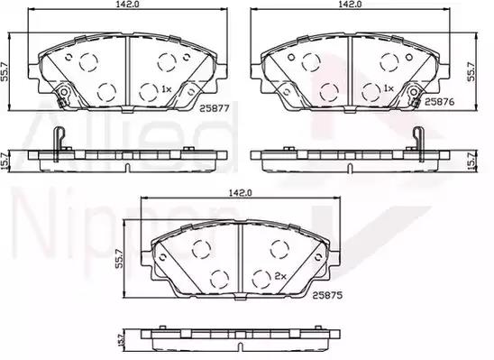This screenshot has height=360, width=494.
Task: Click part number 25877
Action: [x=215, y=108]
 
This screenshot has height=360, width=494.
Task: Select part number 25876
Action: [x=440, y=102]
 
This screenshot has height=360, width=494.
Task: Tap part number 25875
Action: [x=327, y=295]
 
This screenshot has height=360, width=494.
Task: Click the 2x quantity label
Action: [x=280, y=276]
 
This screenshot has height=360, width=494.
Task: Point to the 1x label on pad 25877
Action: [x=166, y=89]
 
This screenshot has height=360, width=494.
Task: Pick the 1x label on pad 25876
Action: [x=389, y=88]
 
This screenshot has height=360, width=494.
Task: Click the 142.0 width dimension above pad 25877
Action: [x=127, y=4]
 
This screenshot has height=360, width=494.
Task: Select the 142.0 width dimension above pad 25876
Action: [x=350, y=4]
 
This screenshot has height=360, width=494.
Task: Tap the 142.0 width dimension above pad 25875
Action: [x=241, y=192]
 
